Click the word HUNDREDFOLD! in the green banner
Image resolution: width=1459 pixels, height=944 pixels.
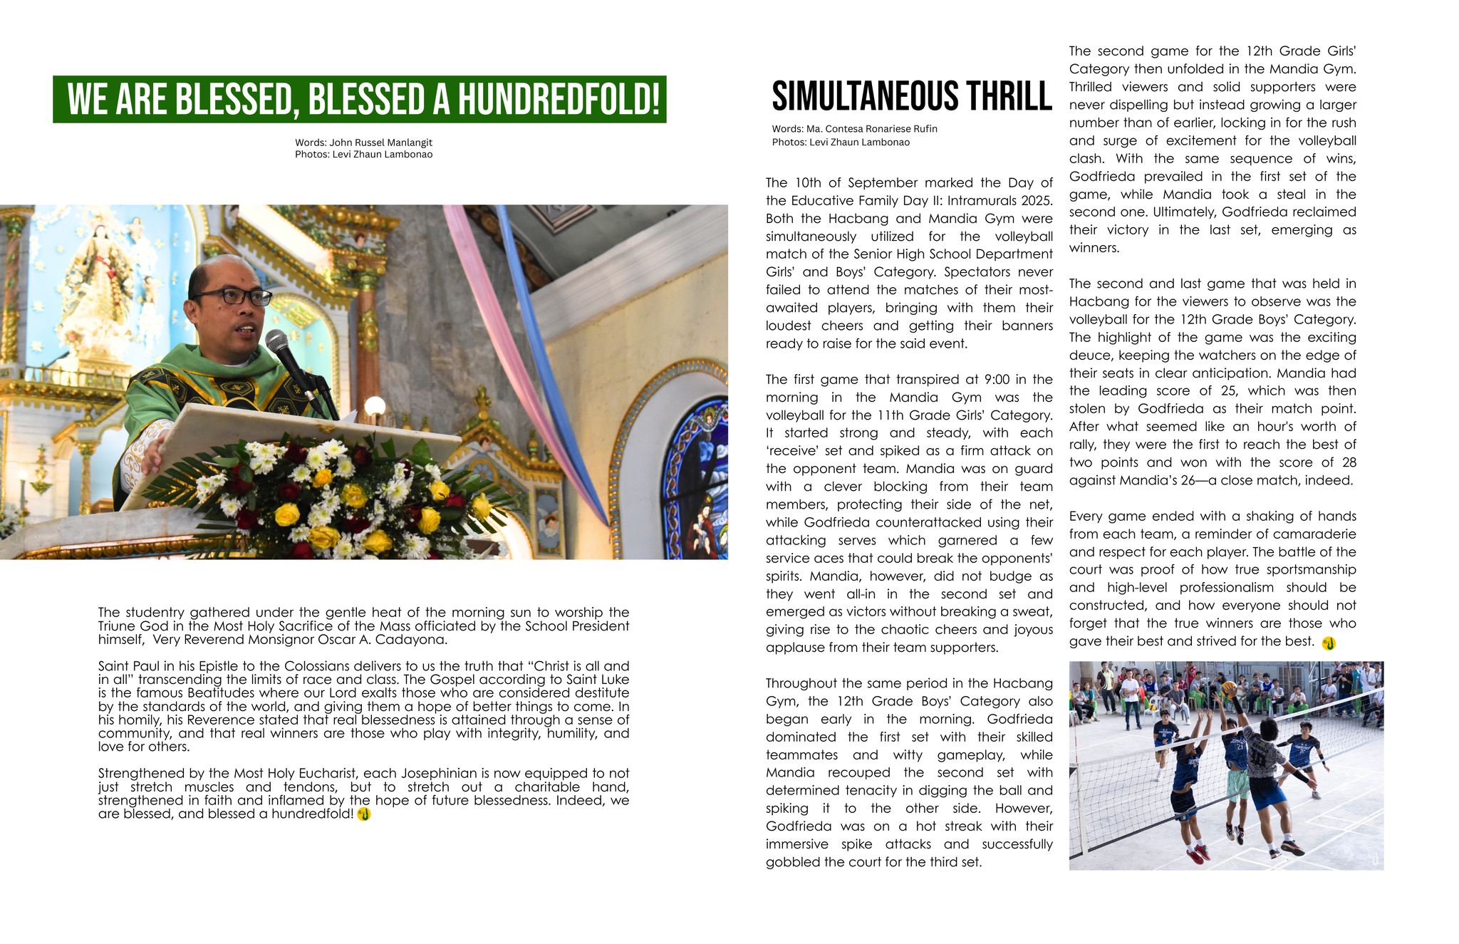tap(559, 100)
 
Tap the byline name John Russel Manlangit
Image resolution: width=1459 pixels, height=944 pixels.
tap(380, 142)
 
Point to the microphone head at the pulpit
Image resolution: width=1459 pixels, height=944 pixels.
tap(277, 341)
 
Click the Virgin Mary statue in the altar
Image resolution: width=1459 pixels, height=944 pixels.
tap(100, 285)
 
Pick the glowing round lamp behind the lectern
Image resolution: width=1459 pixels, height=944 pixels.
tap(375, 406)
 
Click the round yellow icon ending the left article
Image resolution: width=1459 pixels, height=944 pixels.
tap(364, 814)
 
